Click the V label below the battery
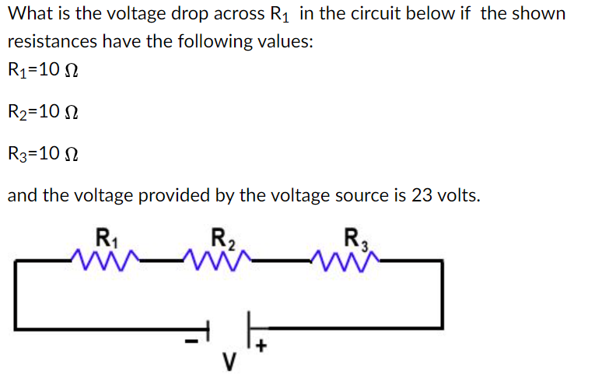[x=228, y=362]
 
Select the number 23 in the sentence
[x=422, y=194]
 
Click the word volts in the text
[x=458, y=194]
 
